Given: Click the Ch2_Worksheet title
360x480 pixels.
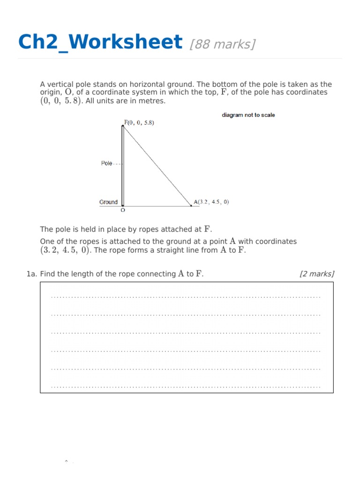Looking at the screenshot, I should pyautogui.click(x=99, y=42).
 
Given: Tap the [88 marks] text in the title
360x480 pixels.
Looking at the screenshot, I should pyautogui.click(x=223, y=44).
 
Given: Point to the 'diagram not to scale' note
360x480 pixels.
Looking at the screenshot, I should pyautogui.click(x=248, y=115).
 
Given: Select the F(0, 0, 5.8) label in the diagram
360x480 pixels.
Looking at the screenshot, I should pyautogui.click(x=139, y=123).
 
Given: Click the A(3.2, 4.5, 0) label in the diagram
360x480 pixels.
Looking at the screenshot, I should pyautogui.click(x=211, y=202).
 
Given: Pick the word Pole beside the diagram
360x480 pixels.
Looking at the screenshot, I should pyautogui.click(x=107, y=164).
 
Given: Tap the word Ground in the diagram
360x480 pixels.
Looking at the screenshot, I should pyautogui.click(x=108, y=202).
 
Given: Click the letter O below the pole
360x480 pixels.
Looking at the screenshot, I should pyautogui.click(x=123, y=211).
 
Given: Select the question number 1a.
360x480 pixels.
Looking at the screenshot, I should pyautogui.click(x=32, y=274).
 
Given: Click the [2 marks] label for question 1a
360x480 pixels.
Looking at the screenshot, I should pyautogui.click(x=316, y=274).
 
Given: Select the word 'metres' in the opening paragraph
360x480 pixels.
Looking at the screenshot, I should pyautogui.click(x=154, y=101).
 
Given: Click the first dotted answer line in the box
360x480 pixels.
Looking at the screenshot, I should pyautogui.click(x=186, y=297).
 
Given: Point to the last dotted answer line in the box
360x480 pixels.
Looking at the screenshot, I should pyautogui.click(x=186, y=387).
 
